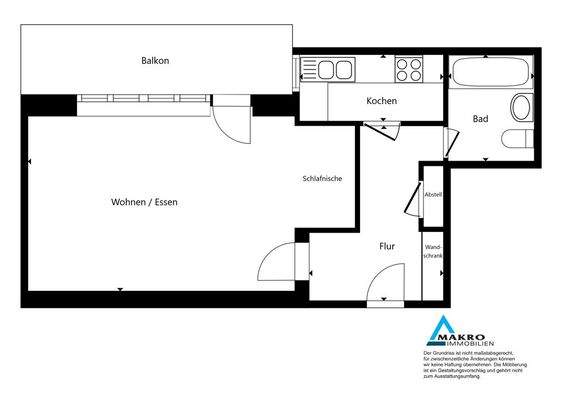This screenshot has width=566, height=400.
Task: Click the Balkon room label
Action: click(x=155, y=61)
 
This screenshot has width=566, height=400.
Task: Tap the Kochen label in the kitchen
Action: click(x=382, y=101)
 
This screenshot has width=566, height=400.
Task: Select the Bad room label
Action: click(x=481, y=120)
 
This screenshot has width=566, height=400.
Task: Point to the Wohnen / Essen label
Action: click(x=151, y=203)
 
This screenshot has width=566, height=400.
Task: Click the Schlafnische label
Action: click(x=323, y=179)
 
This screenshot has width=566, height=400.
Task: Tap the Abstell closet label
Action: click(x=433, y=195)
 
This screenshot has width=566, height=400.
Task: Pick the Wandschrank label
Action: click(x=433, y=251)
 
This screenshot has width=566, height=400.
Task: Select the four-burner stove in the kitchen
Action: click(x=408, y=69)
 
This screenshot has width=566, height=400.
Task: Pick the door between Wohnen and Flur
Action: click(x=282, y=262)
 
